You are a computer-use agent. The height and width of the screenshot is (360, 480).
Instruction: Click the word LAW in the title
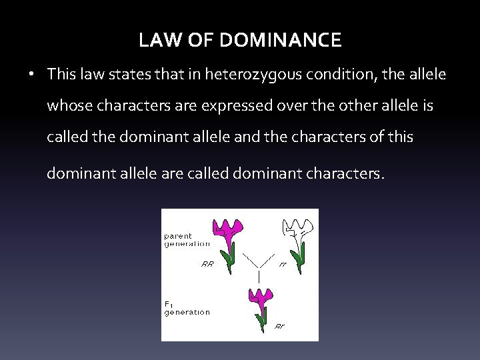(x=157, y=41)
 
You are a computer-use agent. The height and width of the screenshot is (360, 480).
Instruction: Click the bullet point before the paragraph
(x=32, y=75)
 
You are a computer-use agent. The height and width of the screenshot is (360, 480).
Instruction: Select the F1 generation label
(x=187, y=307)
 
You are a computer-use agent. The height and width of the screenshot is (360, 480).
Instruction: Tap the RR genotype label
(x=207, y=263)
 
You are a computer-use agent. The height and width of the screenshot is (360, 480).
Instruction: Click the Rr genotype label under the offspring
(x=281, y=327)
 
